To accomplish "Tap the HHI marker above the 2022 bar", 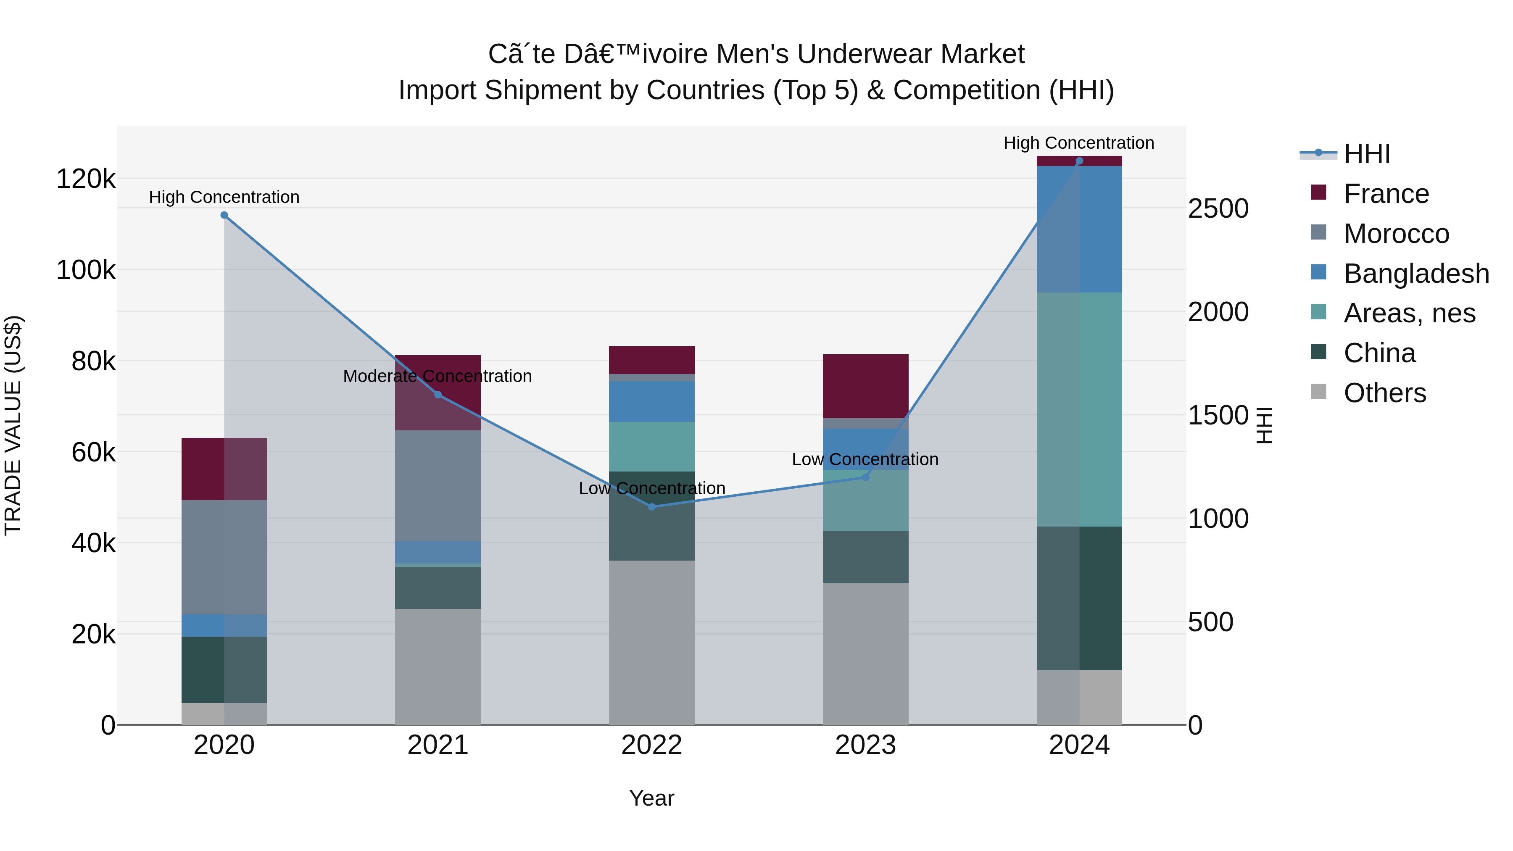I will coord(651,507).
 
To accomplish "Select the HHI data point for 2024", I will coord(1079,161).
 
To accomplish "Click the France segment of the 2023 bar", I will coord(865,386).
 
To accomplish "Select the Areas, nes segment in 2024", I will coord(1079,409).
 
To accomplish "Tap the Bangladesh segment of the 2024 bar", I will coord(1079,229).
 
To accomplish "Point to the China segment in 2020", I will coord(224,669).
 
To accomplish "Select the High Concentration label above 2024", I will coord(1078,143).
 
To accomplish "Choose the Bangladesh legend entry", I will coord(1415,274).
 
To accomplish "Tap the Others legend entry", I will coord(1384,393).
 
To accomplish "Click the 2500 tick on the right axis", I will coord(1218,208).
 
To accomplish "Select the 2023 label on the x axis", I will coord(865,745).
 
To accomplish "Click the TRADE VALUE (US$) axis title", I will coord(13,425).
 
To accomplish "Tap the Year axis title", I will coord(651,798).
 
